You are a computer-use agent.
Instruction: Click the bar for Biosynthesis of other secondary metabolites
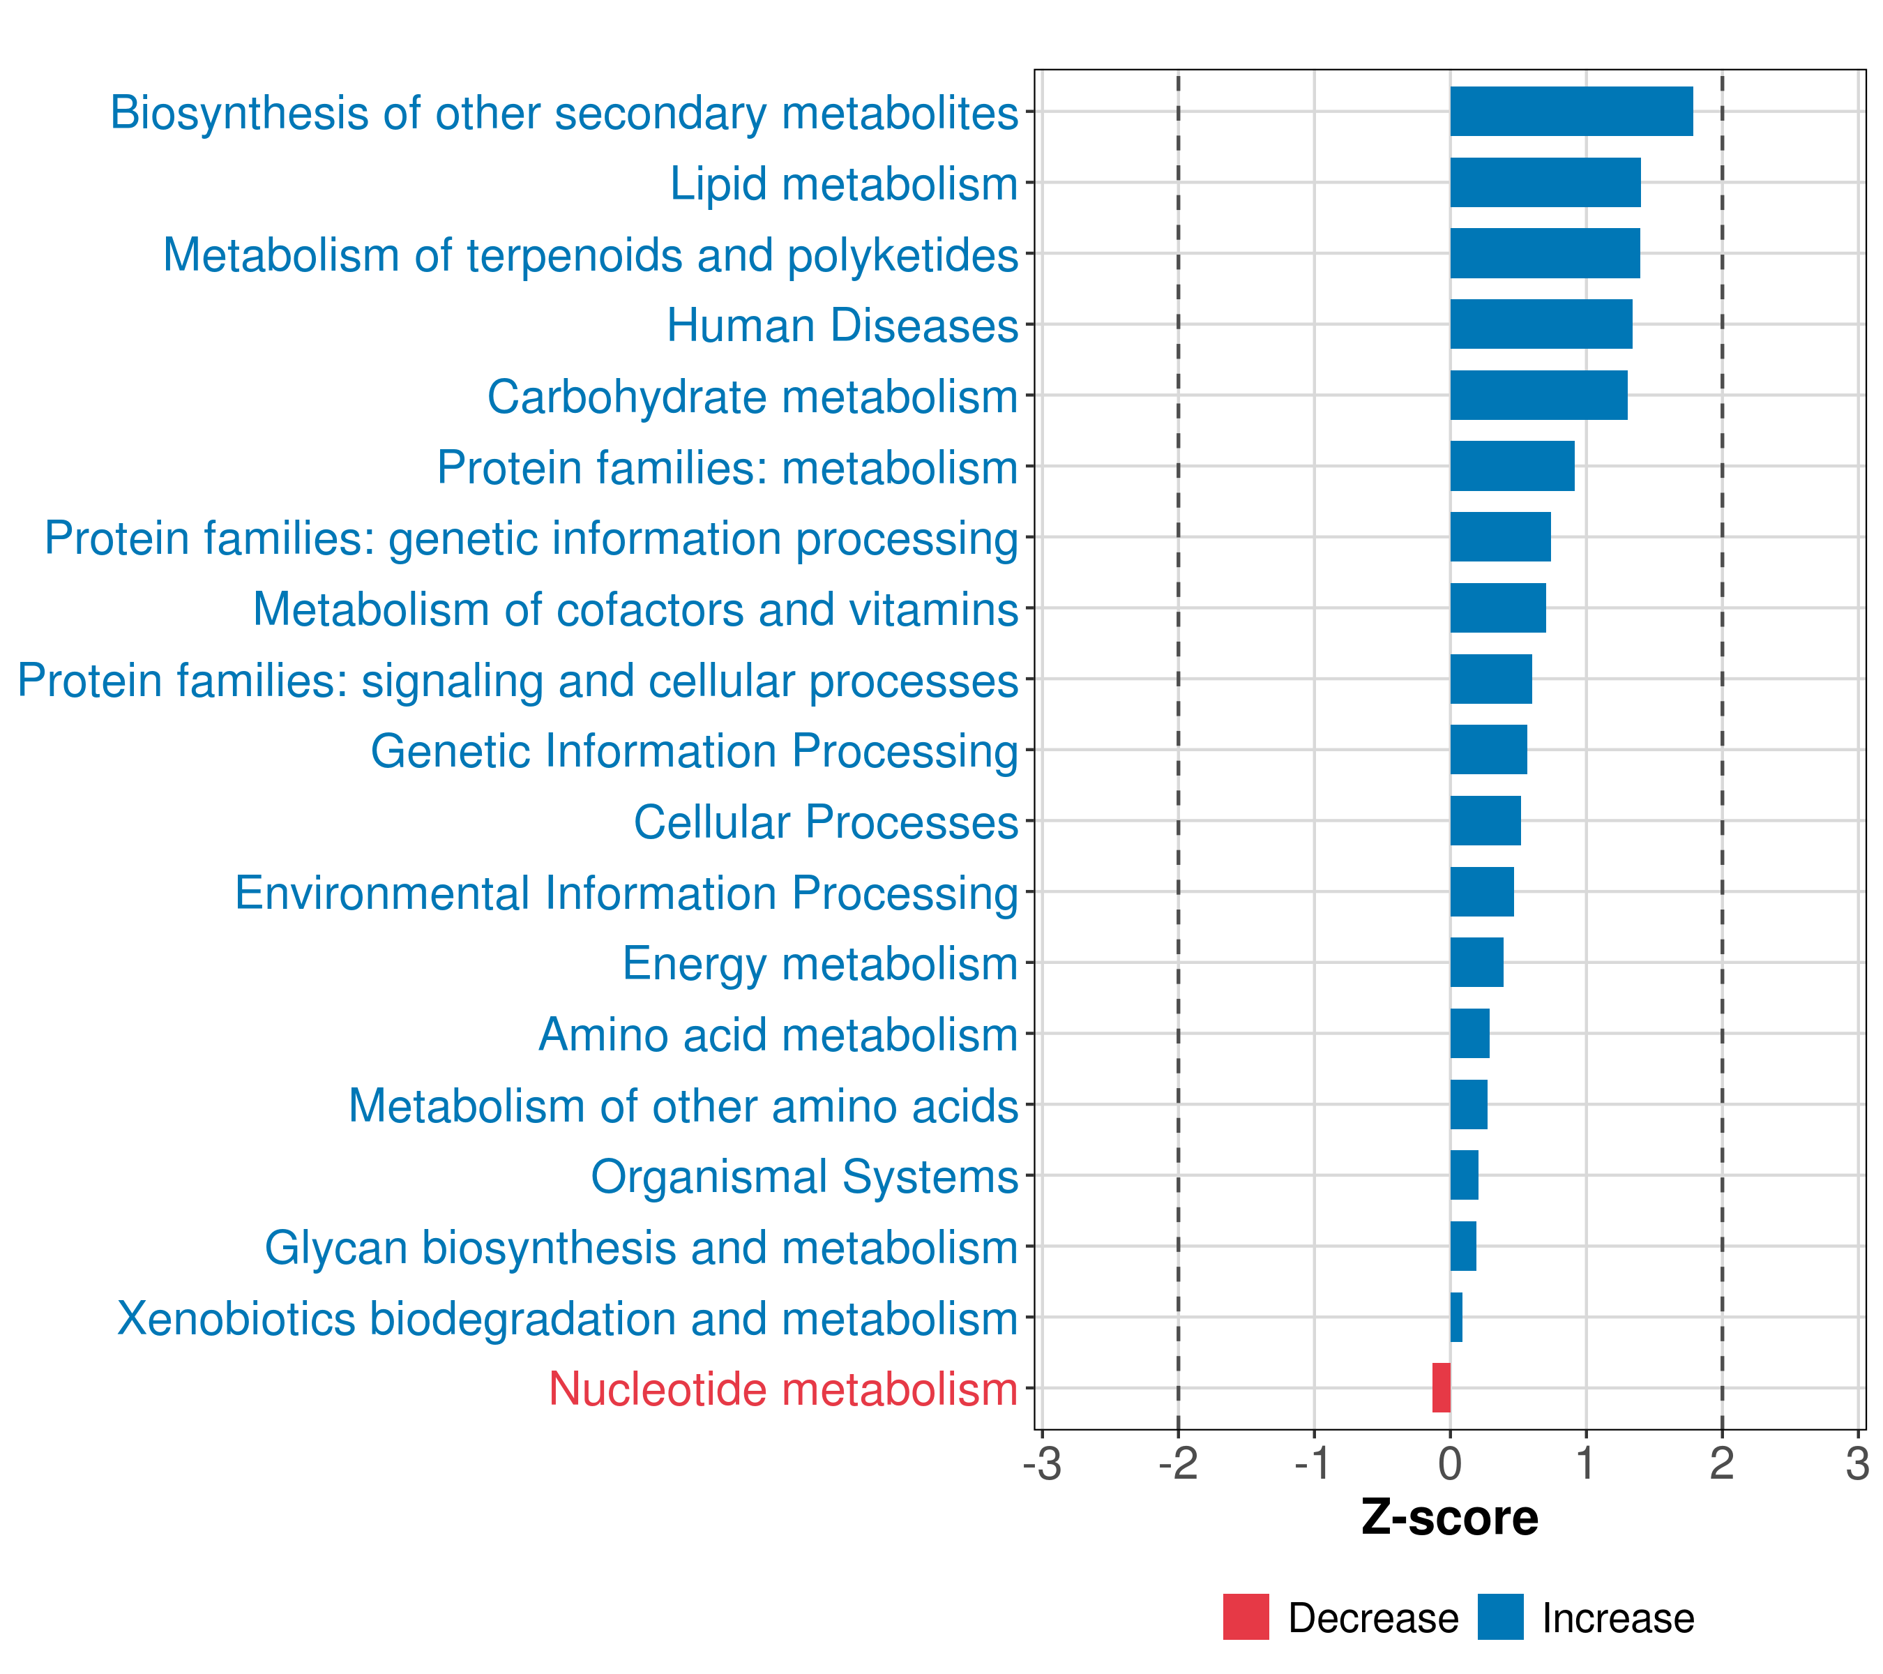point(1571,112)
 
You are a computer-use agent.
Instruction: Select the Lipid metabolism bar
point(1545,183)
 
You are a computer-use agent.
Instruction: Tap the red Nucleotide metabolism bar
point(1441,1387)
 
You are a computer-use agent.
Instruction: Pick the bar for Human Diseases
point(1541,324)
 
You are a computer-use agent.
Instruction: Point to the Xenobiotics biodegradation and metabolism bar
point(1456,1317)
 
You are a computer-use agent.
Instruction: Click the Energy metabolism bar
point(1476,962)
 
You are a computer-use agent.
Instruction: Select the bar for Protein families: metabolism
point(1512,466)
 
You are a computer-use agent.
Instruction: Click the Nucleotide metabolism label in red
point(783,1389)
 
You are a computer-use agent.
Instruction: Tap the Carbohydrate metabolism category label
point(752,397)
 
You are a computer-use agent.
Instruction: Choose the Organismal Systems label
point(804,1177)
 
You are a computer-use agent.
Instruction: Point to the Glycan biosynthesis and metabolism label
point(641,1247)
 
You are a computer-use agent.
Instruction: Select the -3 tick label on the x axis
point(1042,1464)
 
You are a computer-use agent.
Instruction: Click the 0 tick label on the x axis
point(1450,1464)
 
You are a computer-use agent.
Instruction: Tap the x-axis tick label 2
point(1722,1464)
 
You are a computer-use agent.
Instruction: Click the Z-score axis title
point(1449,1518)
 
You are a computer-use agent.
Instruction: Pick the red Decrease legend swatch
point(1246,1617)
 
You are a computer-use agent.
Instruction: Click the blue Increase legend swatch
point(1499,1617)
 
